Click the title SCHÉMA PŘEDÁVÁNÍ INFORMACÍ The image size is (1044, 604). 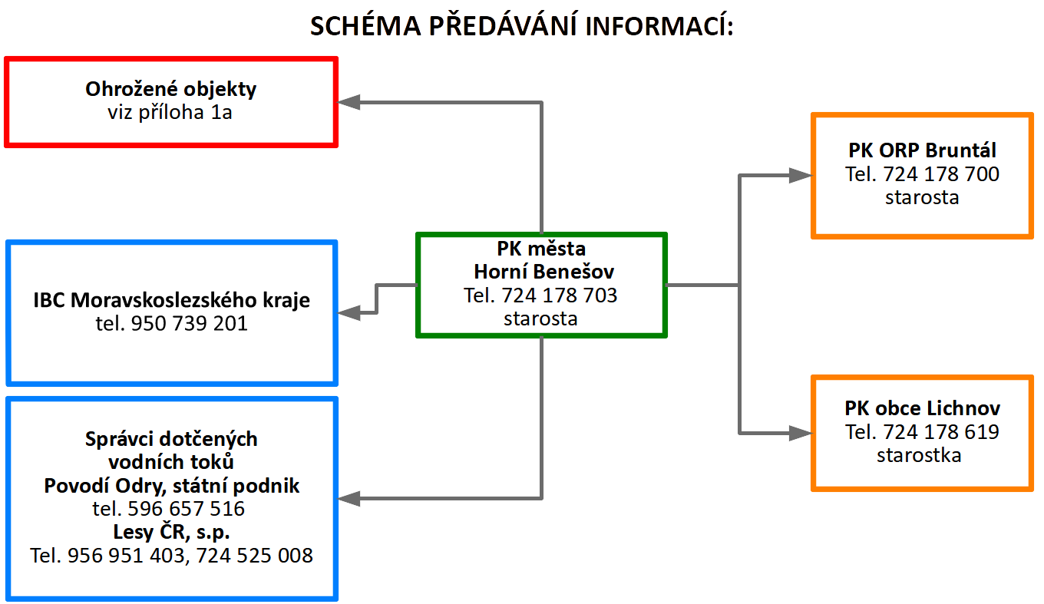pyautogui.click(x=522, y=26)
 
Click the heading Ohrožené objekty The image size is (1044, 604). pyautogui.click(x=171, y=89)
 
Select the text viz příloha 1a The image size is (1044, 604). pyautogui.click(x=171, y=113)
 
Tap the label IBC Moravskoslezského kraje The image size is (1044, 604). pyautogui.click(x=172, y=300)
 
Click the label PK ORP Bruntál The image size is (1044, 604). pyautogui.click(x=922, y=150)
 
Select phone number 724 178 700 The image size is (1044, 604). pyautogui.click(x=941, y=174)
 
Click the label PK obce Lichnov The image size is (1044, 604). pyautogui.click(x=922, y=408)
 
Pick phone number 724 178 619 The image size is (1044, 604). pyautogui.click(x=941, y=432)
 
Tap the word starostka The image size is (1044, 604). pyautogui.click(x=919, y=455)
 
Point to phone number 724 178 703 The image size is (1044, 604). pyautogui.click(x=560, y=295)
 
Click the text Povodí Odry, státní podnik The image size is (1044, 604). pyautogui.click(x=172, y=486)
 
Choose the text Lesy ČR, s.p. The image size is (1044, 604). pyautogui.click(x=172, y=532)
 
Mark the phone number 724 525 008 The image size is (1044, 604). pyautogui.click(x=255, y=556)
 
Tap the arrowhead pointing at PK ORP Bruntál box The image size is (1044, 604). pyautogui.click(x=801, y=176)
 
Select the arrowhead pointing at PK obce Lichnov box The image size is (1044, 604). pyautogui.click(x=801, y=434)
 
